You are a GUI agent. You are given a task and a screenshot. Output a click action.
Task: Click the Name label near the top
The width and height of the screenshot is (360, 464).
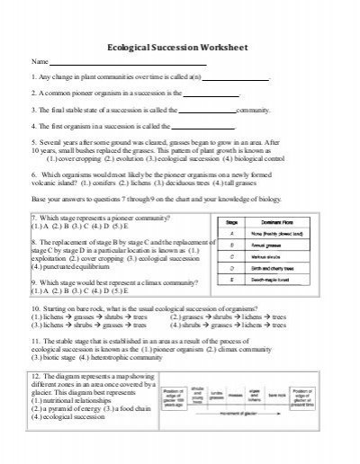point(40,61)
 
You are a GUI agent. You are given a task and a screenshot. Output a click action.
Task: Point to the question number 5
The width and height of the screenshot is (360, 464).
point(33,142)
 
